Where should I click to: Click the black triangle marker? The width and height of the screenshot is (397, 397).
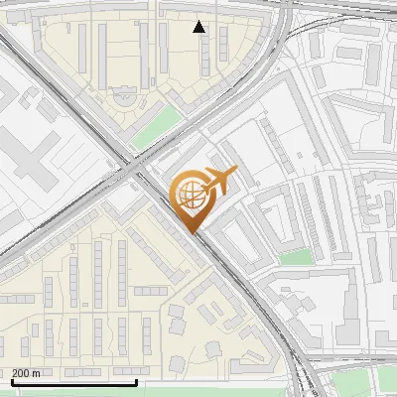coord(199,27)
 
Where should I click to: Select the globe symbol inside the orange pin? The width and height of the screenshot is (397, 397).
coord(189,196)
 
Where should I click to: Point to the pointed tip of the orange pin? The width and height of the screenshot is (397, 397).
coord(192,231)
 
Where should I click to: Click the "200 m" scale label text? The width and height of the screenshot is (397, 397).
coord(26,373)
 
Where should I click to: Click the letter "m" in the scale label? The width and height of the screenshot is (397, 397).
coord(36,373)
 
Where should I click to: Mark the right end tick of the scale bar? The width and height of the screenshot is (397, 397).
coord(136,380)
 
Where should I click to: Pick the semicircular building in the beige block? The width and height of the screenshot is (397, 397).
coord(125,96)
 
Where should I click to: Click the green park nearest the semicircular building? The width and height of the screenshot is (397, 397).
coord(156,128)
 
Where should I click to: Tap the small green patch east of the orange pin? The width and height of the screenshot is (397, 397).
coord(294,255)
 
